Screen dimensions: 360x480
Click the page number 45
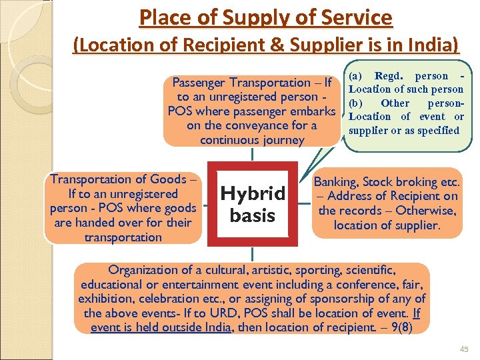click(x=464, y=349)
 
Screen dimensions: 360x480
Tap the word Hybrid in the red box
click(x=253, y=194)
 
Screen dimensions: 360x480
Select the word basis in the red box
click(x=252, y=215)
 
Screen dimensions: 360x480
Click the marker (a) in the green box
click(x=357, y=76)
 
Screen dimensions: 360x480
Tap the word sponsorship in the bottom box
click(x=323, y=299)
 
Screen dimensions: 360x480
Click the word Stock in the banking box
click(x=379, y=181)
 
